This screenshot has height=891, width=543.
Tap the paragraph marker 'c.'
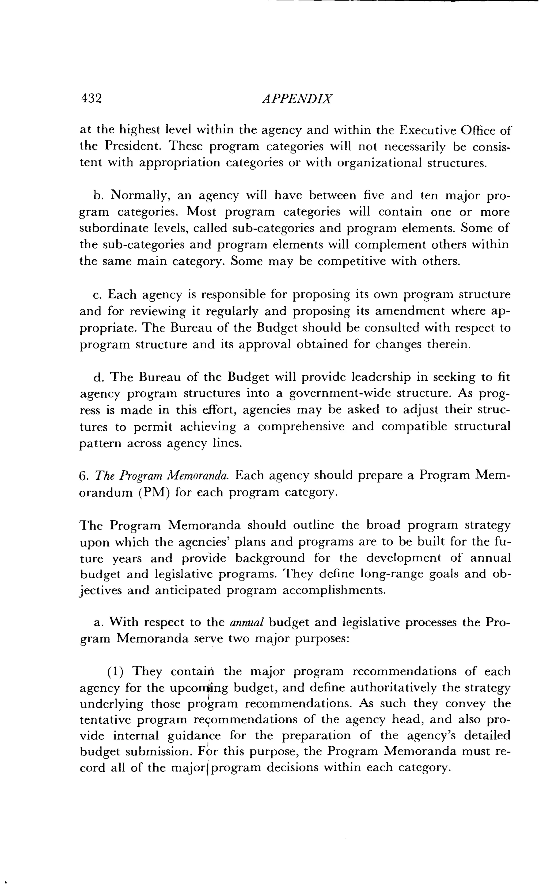click(x=98, y=295)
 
